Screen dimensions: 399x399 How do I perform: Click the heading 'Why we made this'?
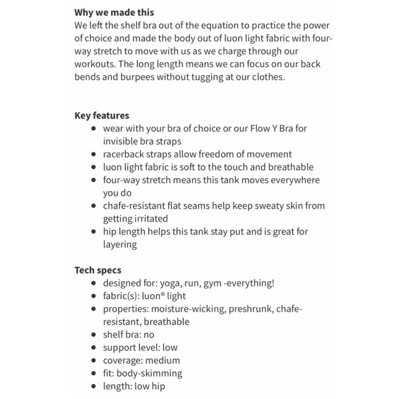point(114,12)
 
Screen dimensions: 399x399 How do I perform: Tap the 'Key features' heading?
point(102,116)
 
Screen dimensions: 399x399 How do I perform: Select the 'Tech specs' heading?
point(98,270)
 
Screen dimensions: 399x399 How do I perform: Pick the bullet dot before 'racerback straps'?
point(93,154)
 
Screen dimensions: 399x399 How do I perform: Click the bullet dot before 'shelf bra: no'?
point(93,335)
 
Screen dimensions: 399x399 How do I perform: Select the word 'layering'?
point(120,244)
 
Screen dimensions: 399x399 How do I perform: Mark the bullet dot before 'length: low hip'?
point(93,386)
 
